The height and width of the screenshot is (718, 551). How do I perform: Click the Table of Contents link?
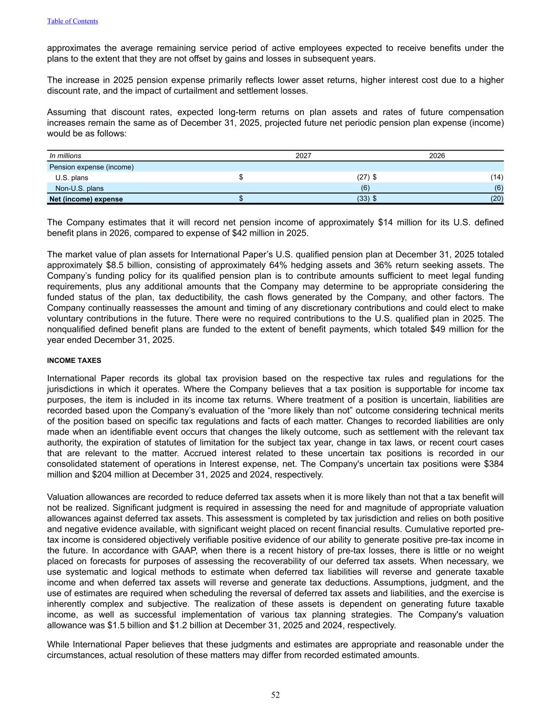[72, 21]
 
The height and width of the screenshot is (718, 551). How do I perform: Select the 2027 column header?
[303, 156]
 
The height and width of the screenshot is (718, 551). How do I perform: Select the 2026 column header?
[437, 156]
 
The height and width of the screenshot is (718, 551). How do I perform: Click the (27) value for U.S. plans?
[363, 177]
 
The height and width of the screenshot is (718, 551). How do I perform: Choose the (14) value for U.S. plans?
[497, 177]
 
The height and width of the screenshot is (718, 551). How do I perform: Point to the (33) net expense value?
[363, 199]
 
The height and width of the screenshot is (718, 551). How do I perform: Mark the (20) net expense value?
[497, 199]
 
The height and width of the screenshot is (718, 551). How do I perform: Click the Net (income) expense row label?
[86, 199]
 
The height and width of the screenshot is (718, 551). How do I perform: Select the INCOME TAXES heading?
[74, 361]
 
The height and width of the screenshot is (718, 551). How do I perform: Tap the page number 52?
[275, 695]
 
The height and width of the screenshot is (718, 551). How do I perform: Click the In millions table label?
[65, 156]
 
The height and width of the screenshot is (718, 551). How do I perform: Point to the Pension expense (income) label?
[91, 167]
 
